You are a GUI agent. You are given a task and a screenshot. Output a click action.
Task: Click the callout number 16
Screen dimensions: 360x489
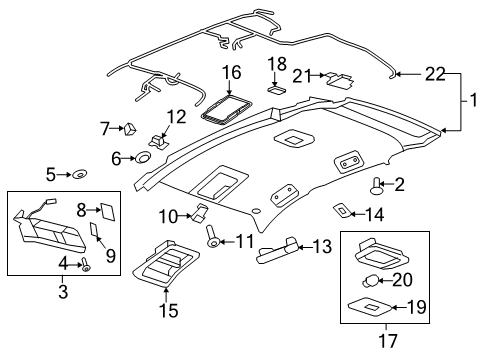231,72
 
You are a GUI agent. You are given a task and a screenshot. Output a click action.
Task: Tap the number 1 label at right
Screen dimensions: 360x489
474,102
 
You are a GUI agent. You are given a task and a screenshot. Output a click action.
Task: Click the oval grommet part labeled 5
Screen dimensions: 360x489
77,175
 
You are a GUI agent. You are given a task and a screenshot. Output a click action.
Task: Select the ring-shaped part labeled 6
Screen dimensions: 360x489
142,157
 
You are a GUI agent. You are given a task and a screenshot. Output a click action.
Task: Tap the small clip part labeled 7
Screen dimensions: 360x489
129,127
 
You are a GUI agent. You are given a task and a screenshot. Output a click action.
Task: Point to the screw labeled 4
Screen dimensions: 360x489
85,265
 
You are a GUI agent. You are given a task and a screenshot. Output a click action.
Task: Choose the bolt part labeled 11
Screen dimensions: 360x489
213,240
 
